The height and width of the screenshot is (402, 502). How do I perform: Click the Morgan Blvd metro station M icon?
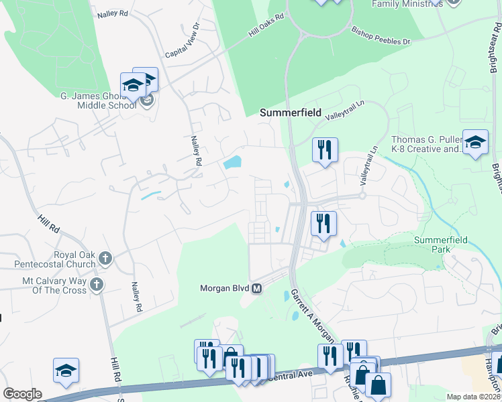[x=256, y=289]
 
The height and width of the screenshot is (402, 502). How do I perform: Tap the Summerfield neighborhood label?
[x=291, y=113]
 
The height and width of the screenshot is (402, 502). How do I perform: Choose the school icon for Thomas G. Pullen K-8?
[x=475, y=142]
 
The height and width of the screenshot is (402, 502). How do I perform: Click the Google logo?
[x=21, y=394]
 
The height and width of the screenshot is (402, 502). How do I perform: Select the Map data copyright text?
[x=474, y=397]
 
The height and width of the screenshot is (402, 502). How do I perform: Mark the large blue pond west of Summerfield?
[x=232, y=163]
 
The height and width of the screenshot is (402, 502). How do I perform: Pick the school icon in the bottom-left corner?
[x=66, y=371]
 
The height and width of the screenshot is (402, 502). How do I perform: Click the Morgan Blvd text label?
[x=224, y=289]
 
